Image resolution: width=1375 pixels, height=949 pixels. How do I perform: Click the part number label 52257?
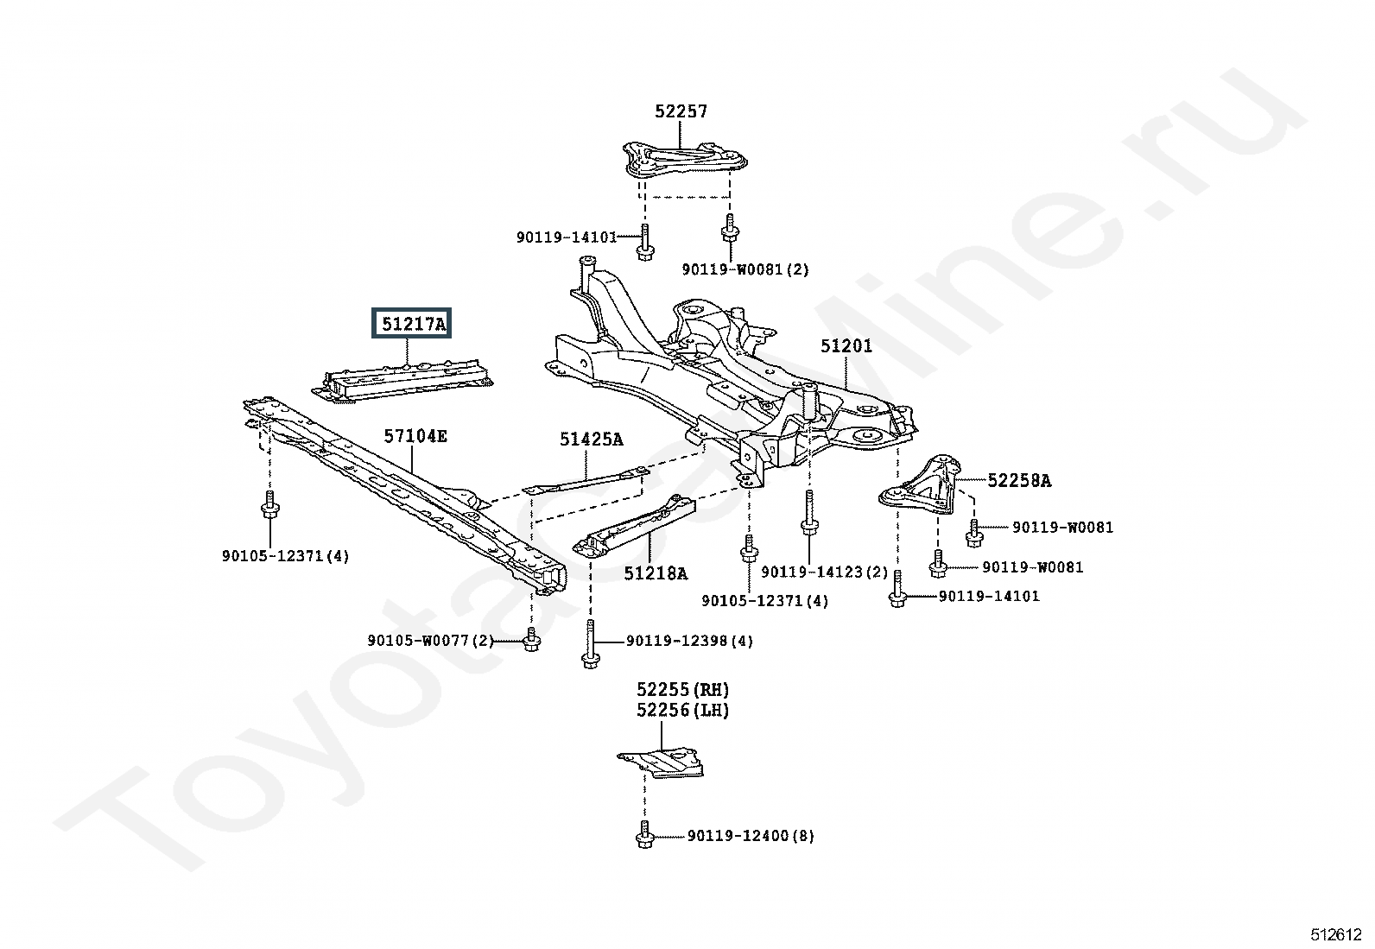681,111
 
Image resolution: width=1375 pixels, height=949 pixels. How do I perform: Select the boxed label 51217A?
411,323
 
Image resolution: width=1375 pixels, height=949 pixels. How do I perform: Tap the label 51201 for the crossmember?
846,346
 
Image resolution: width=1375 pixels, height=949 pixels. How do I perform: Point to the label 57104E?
415,436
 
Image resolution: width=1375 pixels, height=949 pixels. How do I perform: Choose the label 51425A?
591,440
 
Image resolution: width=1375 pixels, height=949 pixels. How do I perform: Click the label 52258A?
1019,481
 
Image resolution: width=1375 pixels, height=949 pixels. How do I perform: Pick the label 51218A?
656,573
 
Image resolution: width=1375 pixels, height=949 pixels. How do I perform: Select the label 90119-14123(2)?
824,573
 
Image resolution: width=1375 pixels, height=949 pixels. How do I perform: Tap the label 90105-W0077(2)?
430,641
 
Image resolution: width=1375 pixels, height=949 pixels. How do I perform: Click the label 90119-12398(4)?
689,641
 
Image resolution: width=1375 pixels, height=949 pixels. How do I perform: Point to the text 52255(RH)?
682,689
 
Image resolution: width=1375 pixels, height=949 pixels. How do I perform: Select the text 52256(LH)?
682,710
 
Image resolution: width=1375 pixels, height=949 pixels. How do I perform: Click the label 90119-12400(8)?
751,836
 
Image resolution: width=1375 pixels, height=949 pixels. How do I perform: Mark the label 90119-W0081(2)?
745,269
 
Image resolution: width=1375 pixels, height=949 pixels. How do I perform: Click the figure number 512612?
1336,935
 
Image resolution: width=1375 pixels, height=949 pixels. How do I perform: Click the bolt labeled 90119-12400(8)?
644,835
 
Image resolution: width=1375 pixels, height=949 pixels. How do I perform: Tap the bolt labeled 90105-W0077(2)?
531,640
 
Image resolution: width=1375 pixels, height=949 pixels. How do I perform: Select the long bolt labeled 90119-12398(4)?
591,645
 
